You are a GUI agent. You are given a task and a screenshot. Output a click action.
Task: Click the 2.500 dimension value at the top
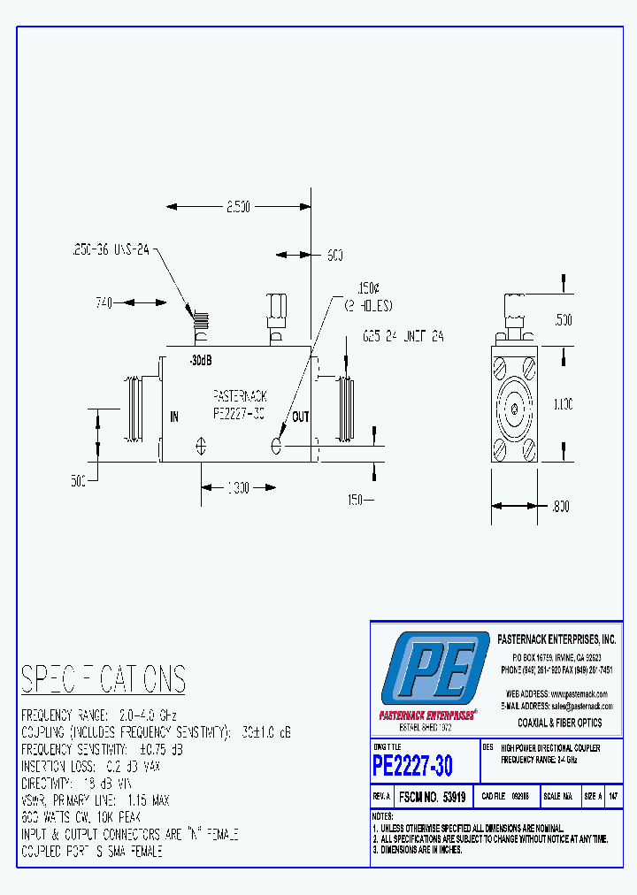click(x=238, y=206)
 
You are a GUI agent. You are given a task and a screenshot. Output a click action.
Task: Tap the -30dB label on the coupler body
click(x=201, y=361)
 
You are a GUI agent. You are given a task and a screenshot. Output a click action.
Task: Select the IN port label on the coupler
click(x=174, y=417)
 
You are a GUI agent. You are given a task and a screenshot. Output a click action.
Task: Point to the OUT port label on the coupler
click(x=301, y=417)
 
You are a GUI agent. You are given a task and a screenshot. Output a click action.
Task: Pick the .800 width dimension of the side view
click(x=560, y=508)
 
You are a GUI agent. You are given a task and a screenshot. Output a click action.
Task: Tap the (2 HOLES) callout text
click(x=368, y=305)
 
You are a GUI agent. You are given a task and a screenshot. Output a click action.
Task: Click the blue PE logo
click(x=434, y=669)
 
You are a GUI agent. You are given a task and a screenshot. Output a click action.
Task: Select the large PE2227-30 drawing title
click(x=412, y=764)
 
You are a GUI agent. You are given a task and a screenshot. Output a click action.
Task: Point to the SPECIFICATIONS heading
click(x=104, y=679)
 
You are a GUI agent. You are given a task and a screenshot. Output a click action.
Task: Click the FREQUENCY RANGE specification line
click(x=99, y=714)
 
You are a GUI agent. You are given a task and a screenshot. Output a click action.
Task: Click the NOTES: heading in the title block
click(x=382, y=815)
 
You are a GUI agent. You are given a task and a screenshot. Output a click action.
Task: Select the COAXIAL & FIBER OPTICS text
click(x=559, y=723)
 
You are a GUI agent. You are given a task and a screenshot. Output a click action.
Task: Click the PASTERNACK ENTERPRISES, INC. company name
click(x=557, y=639)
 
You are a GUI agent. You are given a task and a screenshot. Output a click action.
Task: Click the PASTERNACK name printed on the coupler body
click(x=240, y=397)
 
